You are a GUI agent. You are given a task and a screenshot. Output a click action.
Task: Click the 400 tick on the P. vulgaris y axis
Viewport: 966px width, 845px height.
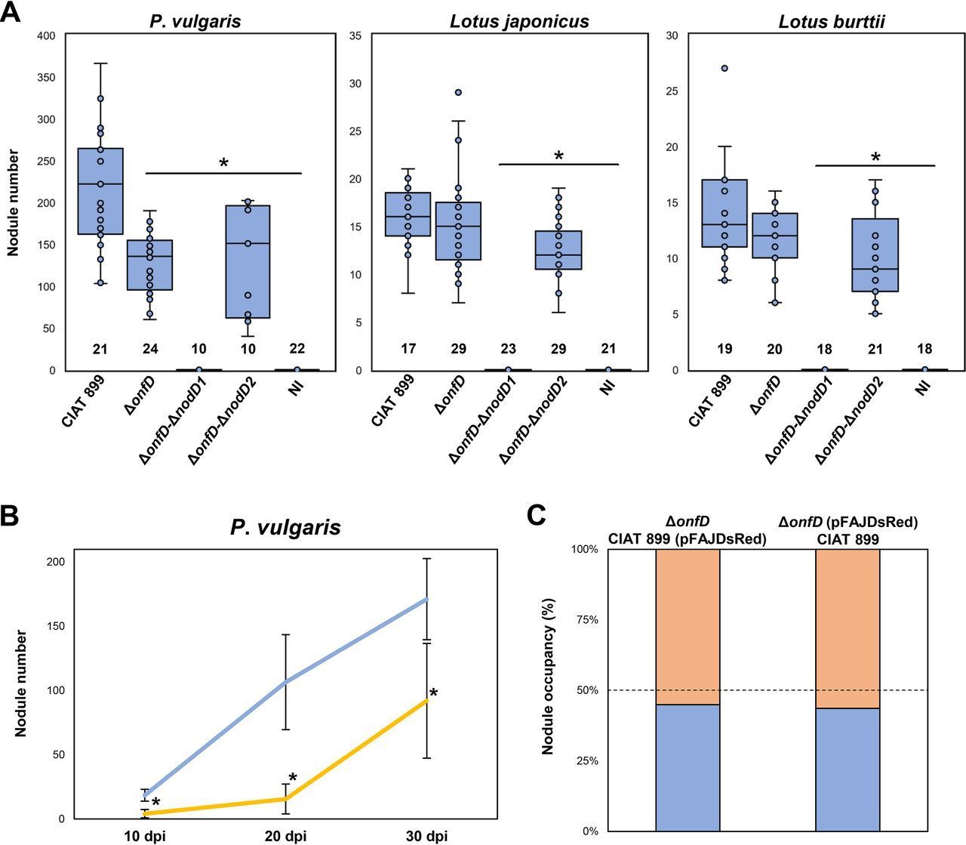pyautogui.click(x=46, y=35)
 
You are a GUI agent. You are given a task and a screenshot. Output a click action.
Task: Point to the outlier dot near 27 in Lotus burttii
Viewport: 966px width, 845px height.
pyautogui.click(x=724, y=68)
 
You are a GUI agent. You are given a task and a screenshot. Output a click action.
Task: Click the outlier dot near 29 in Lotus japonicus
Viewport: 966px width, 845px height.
pyautogui.click(x=458, y=92)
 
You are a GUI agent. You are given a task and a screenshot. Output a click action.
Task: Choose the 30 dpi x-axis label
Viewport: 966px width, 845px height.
pyautogui.click(x=426, y=836)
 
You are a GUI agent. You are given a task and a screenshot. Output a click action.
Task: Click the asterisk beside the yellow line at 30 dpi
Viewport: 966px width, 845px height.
pyautogui.click(x=433, y=693)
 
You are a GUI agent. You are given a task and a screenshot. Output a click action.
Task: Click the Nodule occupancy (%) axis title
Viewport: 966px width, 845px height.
pyautogui.click(x=549, y=689)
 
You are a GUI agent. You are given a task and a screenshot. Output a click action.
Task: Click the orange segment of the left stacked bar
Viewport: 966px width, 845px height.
pyautogui.click(x=688, y=627)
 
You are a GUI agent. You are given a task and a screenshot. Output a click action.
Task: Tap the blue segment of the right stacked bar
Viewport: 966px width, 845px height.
pyautogui.click(x=848, y=769)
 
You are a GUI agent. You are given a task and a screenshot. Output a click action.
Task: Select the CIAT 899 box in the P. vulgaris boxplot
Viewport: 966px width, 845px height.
pyautogui.click(x=100, y=191)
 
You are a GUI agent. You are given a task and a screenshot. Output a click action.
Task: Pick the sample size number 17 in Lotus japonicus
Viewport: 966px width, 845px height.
pyautogui.click(x=408, y=349)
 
